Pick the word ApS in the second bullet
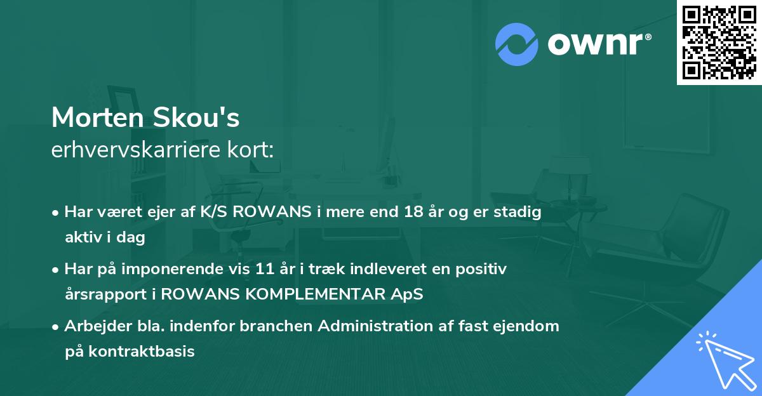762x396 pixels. (408, 294)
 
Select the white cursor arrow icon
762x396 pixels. (723, 359)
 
